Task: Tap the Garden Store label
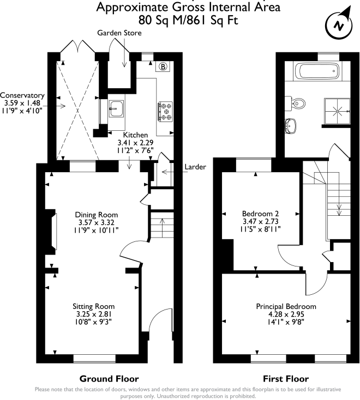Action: pyautogui.click(x=119, y=33)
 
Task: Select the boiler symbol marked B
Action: pyautogui.click(x=163, y=68)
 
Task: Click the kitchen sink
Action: pyautogui.click(x=116, y=109)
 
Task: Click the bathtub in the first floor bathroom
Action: pyautogui.click(x=317, y=71)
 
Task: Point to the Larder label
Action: pyautogui.click(x=195, y=167)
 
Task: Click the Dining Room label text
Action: pyautogui.click(x=96, y=214)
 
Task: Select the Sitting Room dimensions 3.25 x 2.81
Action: pyautogui.click(x=96, y=314)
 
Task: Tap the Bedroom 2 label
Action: pyautogui.click(x=260, y=214)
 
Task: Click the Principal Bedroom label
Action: pyautogui.click(x=286, y=306)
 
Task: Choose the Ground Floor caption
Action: pyautogui.click(x=109, y=379)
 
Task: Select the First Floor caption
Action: pyautogui.click(x=286, y=379)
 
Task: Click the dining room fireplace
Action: pyautogui.click(x=53, y=232)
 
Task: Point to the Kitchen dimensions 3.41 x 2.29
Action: pyautogui.click(x=135, y=142)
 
